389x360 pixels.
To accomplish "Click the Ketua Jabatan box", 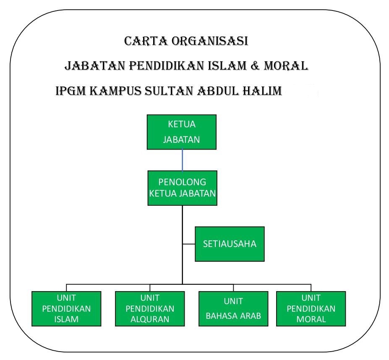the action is [x=182, y=132].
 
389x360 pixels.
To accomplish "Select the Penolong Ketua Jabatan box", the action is [x=183, y=188].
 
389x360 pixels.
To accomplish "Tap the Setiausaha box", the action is [x=230, y=244].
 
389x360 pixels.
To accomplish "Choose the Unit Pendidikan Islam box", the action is [x=66, y=309].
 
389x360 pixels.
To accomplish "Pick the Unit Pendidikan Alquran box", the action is [x=150, y=309].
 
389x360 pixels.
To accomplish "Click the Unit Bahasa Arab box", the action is [x=233, y=309].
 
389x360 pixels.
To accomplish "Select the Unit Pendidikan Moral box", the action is [x=311, y=309].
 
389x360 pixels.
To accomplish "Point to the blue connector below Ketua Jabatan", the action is [x=183, y=160].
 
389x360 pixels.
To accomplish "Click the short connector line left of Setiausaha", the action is [x=189, y=244].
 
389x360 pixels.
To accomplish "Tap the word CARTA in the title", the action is [x=146, y=41].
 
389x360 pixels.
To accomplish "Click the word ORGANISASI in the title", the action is [x=210, y=41].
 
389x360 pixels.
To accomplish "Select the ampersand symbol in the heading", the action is [x=255, y=66].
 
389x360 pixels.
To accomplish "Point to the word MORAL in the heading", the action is [x=286, y=66].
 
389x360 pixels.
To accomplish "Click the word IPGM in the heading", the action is [x=70, y=91].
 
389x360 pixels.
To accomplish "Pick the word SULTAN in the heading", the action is [x=169, y=91].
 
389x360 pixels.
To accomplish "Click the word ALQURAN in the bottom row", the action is [x=150, y=319].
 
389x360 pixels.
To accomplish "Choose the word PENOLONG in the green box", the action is [x=183, y=182].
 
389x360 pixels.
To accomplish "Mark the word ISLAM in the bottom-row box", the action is [x=66, y=319].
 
